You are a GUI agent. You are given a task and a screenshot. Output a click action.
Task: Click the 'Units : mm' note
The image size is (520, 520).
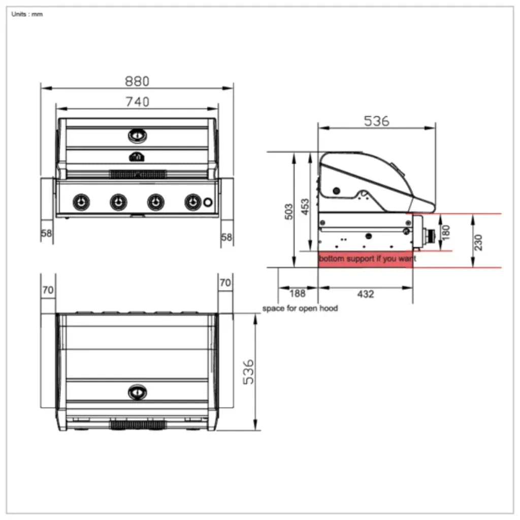27,14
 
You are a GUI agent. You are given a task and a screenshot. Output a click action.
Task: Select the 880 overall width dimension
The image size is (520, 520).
137,81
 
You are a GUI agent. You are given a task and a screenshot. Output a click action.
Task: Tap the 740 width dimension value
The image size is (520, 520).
137,102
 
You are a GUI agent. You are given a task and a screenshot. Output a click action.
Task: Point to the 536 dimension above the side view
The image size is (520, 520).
376,121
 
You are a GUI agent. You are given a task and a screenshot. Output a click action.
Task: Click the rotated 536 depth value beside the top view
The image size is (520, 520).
247,372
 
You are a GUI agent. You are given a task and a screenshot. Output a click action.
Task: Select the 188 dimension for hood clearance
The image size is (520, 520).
297,294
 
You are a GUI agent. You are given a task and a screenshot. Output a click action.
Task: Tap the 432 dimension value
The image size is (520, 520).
366,294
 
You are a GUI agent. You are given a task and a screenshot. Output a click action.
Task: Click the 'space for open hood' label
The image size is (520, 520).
300,308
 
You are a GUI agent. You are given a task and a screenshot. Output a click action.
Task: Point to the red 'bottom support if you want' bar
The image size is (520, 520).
366,259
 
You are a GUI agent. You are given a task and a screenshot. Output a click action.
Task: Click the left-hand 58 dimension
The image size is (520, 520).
46,234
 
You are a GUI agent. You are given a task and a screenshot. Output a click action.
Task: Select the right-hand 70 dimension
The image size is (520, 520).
225,282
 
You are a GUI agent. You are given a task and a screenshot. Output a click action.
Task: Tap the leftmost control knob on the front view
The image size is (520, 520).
80,202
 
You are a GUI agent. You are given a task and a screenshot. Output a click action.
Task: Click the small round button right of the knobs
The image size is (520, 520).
208,202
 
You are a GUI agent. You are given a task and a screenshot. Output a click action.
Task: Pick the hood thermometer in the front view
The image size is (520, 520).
137,136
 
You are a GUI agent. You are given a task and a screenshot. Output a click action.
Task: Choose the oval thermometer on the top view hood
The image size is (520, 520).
137,392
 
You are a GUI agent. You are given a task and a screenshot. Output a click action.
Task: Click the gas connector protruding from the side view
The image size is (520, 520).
431,235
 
